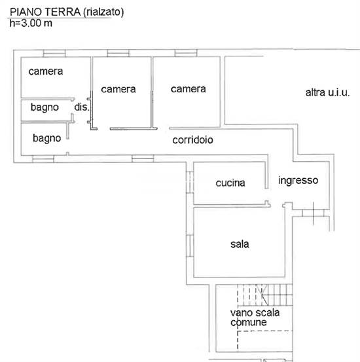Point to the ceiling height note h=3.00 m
click(31, 23)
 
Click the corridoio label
click(193, 140)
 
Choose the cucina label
click(230, 183)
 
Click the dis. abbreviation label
click(81, 107)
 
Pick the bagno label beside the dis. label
click(45, 107)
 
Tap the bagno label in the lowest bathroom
click(47, 138)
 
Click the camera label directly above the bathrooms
click(45, 71)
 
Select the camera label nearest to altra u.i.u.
click(188, 89)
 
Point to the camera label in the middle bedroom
click(118, 89)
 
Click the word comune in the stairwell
click(248, 322)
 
